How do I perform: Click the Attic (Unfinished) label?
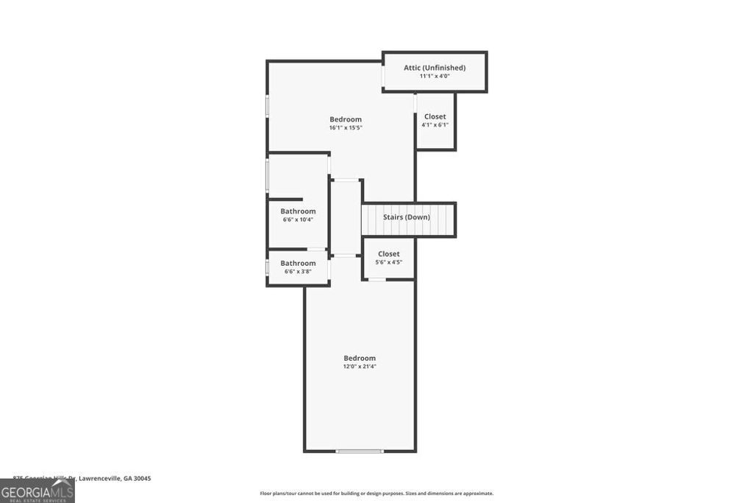tap(434, 68)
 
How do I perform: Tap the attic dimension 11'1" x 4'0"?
tap(434, 76)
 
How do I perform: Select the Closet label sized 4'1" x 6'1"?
tap(435, 116)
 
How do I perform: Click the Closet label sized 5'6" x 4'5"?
tap(388, 254)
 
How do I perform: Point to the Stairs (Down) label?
tap(406, 217)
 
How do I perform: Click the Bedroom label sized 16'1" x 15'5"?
tap(346, 119)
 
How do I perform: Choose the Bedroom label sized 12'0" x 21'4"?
tap(360, 358)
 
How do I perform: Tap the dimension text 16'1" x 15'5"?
tap(346, 127)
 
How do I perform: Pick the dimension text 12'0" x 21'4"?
tap(360, 366)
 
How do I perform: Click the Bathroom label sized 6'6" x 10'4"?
tap(298, 211)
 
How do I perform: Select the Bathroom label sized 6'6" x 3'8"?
tap(298, 263)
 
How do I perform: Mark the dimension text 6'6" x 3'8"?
tap(298, 271)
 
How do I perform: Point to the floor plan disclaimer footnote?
tap(376, 493)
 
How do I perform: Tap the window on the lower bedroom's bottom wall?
tap(360, 451)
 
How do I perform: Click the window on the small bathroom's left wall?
tap(267, 268)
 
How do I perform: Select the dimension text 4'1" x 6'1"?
tap(435, 124)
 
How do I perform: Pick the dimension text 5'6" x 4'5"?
tap(388, 262)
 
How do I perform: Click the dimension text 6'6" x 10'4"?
tap(298, 219)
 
